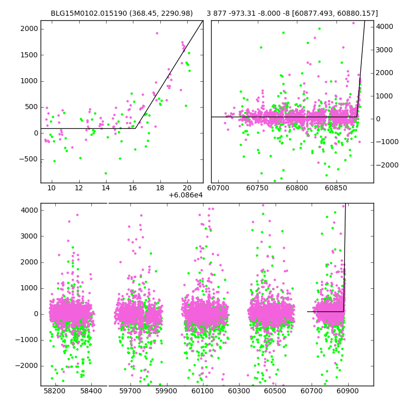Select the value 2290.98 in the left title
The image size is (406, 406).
[177, 13]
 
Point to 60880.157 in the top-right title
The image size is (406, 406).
[358, 13]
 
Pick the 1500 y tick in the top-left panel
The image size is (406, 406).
[28, 55]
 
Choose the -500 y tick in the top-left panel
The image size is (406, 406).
[28, 159]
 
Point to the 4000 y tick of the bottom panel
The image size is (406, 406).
[28, 210]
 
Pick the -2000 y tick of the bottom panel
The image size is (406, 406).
[27, 365]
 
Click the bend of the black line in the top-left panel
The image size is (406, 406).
[136, 128]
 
